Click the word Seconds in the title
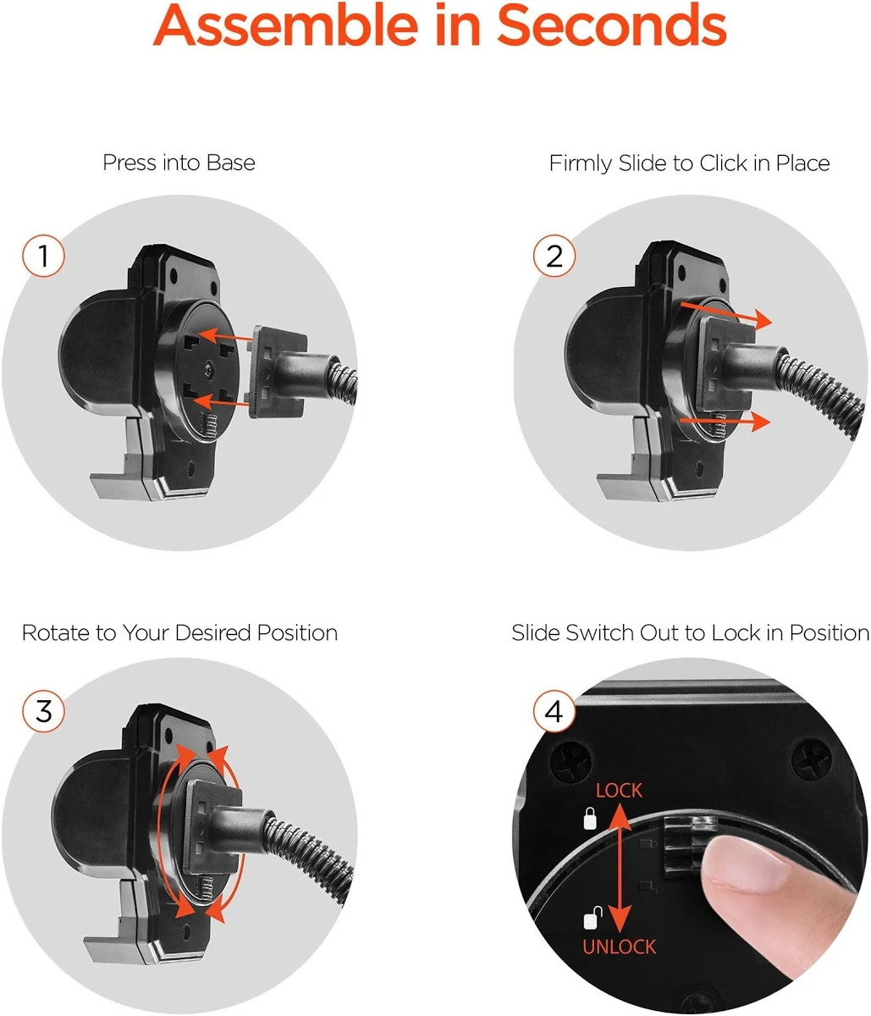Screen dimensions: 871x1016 (x=611, y=25)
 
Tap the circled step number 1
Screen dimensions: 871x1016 (x=43, y=256)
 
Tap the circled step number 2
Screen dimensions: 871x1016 (x=554, y=256)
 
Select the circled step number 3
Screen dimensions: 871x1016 (x=43, y=711)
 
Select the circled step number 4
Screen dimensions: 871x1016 (x=554, y=711)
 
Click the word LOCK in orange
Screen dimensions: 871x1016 (x=619, y=791)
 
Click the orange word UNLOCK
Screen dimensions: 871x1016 (x=619, y=947)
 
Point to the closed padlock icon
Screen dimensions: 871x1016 (x=590, y=819)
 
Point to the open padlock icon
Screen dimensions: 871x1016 (x=592, y=918)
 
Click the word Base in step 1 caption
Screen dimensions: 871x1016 (x=231, y=163)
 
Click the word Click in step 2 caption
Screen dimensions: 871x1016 (x=723, y=163)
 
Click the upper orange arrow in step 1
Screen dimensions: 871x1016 (x=225, y=336)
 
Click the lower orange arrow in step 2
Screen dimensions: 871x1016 (x=725, y=422)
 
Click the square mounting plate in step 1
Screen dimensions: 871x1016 (x=278, y=372)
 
